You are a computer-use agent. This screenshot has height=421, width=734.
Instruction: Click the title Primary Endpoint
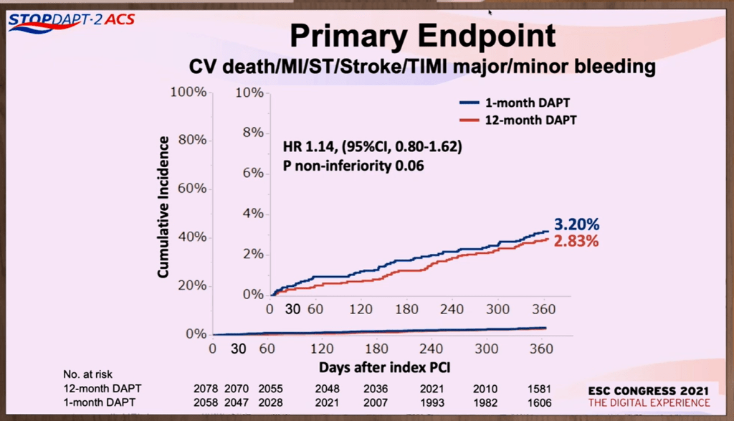point(422,37)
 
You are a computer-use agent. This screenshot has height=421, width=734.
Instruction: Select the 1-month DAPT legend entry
point(517,103)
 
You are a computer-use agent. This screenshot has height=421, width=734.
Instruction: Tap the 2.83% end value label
point(576,241)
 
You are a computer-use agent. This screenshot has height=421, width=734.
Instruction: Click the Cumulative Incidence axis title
point(163,207)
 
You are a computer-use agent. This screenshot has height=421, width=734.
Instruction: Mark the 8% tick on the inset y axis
point(254,133)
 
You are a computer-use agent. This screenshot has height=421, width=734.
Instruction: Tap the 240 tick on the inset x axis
point(452,309)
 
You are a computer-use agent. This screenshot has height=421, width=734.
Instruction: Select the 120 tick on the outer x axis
point(322,349)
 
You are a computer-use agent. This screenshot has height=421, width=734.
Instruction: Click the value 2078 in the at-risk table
point(206,388)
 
